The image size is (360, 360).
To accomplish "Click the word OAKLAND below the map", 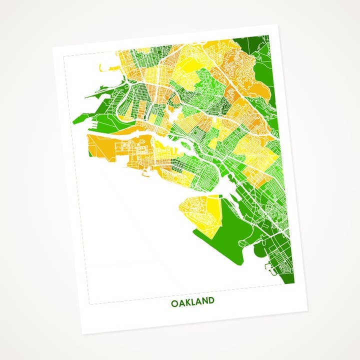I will tap(192, 302).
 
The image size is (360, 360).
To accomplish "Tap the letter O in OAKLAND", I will tap(174, 303).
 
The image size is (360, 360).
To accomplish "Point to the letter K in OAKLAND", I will tap(187, 302).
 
